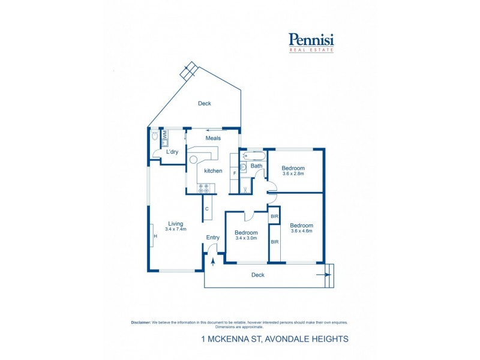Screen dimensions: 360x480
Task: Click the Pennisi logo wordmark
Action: [x=311, y=40]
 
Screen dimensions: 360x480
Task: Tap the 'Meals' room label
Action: [x=213, y=138]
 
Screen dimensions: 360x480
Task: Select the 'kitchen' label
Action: [x=213, y=171]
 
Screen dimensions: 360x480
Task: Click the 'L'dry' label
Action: [x=172, y=152]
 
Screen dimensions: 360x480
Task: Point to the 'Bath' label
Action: [x=256, y=166]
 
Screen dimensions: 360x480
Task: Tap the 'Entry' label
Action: [x=213, y=238]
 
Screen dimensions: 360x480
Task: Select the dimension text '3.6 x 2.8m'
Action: [x=293, y=174]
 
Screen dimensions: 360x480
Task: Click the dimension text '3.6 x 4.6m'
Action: [x=302, y=231]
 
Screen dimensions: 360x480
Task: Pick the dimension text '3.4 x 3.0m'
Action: [x=246, y=238]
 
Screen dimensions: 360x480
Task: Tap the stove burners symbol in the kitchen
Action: [x=204, y=187]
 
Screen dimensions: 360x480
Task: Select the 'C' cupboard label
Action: [x=207, y=209]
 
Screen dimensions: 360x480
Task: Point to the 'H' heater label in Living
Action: [x=155, y=236]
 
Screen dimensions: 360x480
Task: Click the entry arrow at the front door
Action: [x=213, y=261]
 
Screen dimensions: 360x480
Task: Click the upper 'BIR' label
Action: [x=274, y=216]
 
